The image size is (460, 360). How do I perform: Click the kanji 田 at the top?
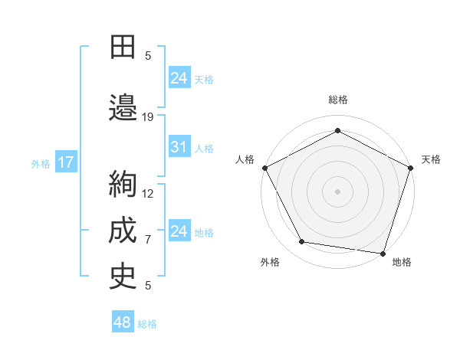[122, 47]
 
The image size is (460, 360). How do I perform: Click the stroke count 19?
[149, 117]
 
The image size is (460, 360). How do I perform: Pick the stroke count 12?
[149, 193]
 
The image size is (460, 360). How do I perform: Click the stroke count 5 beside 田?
[148, 55]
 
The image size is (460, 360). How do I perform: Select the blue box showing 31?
[179, 147]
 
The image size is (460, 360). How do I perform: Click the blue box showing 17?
[65, 162]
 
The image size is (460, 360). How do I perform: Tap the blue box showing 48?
[123, 322]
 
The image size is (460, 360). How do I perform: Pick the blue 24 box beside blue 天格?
[179, 77]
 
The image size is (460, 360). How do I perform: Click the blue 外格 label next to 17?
[41, 163]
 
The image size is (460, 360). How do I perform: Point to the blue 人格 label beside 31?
[204, 148]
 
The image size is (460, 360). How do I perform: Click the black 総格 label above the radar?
[338, 100]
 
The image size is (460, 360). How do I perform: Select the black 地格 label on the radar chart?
[402, 262]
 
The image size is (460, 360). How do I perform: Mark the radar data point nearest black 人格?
[264, 167]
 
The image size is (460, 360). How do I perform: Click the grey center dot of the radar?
[338, 191]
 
